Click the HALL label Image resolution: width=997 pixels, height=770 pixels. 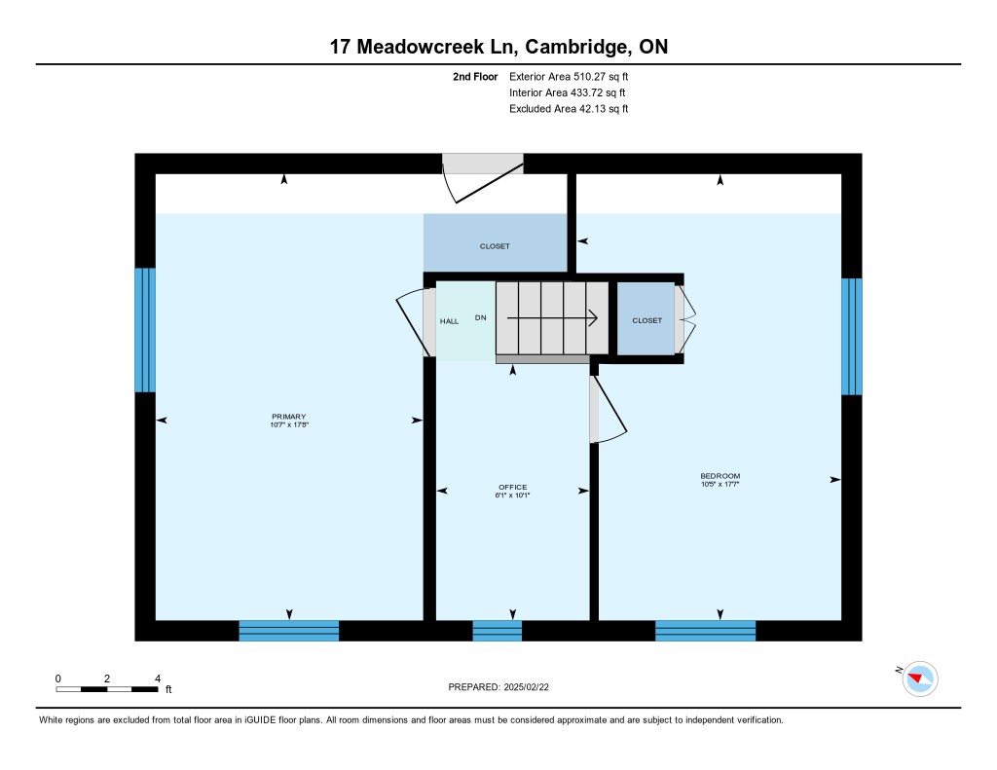point(449,321)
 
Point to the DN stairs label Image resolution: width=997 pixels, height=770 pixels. point(481,317)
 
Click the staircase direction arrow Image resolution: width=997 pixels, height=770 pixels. point(552,317)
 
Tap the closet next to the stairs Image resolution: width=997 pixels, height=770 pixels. point(646,318)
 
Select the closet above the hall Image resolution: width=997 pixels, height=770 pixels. point(495,243)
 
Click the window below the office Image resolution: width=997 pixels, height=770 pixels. point(498,631)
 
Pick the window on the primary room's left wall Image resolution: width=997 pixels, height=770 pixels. point(145,330)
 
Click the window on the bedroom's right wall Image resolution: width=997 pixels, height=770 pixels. point(851,337)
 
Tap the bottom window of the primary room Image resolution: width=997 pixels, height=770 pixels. point(288,631)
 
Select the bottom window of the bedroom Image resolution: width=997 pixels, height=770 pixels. point(705,631)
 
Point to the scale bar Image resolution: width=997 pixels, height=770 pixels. point(107,689)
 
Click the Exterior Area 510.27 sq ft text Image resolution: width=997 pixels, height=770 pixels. point(569,76)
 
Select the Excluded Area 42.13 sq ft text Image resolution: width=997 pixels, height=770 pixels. point(569,109)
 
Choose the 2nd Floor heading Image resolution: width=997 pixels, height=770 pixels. point(475,76)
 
